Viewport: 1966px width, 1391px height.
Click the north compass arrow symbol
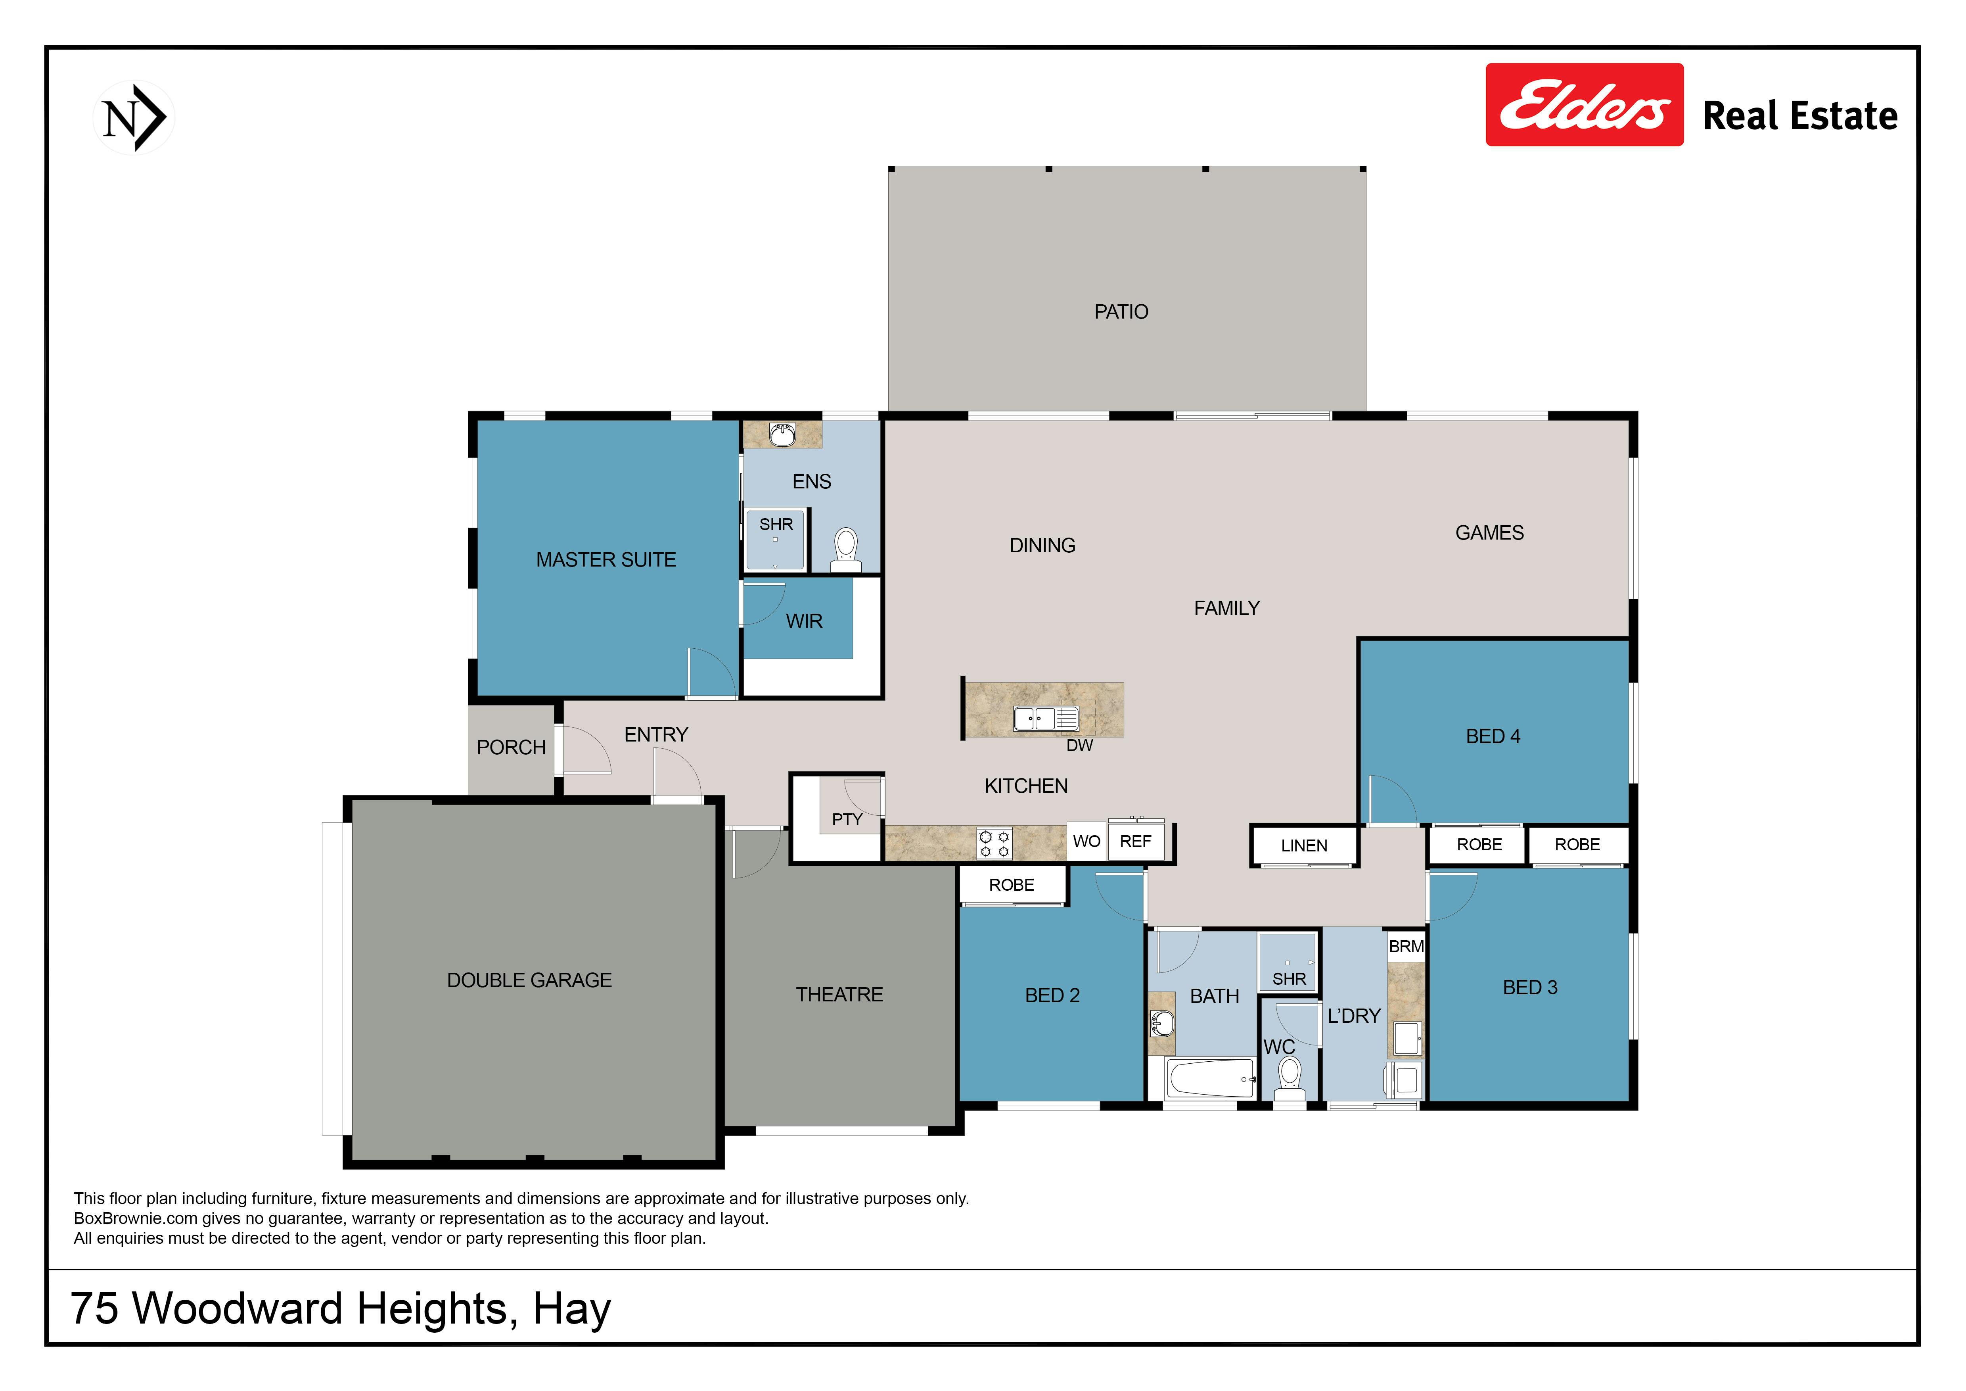coord(134,117)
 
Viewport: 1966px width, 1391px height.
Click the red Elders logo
coord(1584,104)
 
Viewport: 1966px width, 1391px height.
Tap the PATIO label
coord(1121,312)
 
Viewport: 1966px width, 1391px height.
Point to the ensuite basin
coord(782,435)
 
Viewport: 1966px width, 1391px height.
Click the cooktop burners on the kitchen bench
coord(994,843)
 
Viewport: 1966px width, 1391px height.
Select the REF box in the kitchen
coord(1135,841)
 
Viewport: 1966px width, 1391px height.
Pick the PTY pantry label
coord(847,820)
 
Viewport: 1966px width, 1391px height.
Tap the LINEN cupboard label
coord(1304,845)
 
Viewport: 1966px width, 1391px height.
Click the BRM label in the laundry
coord(1406,947)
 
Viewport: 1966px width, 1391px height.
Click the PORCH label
coord(511,748)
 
